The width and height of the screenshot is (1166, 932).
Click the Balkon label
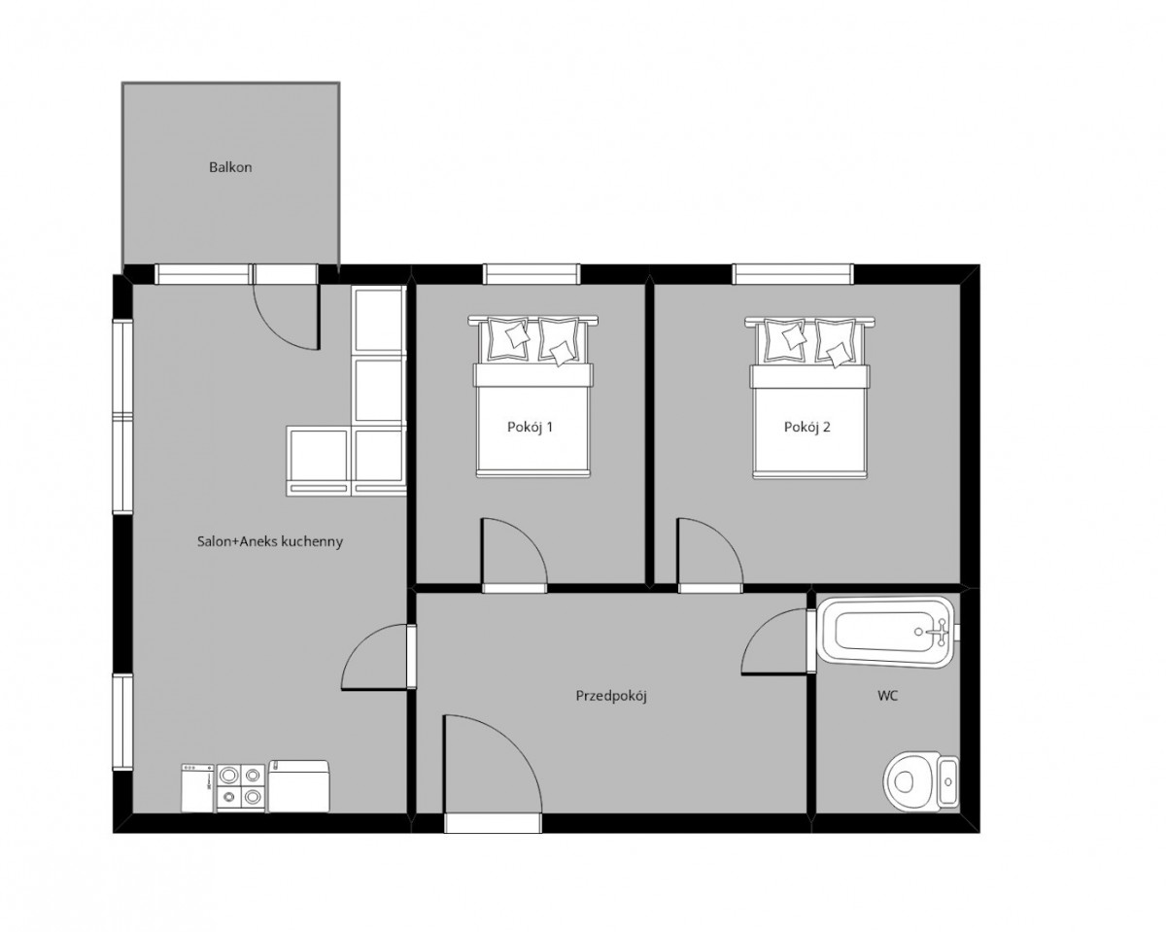230,167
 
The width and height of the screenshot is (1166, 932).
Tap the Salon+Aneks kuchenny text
270,541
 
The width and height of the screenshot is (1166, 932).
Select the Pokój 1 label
530,427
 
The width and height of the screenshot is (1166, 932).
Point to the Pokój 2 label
806,427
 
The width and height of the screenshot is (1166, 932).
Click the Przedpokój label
611,696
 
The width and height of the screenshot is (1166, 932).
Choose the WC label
887,696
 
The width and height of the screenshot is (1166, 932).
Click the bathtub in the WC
885,632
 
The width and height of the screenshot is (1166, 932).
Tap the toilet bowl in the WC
920,780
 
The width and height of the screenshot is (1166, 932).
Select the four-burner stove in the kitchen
240,788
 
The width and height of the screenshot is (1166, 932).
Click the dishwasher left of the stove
197,788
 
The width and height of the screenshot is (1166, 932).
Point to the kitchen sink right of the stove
298,785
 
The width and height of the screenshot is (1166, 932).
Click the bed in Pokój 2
809,397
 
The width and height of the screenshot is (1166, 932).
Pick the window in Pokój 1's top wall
531,274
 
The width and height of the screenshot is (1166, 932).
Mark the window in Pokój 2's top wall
793,274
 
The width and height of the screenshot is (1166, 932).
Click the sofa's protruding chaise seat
317,462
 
